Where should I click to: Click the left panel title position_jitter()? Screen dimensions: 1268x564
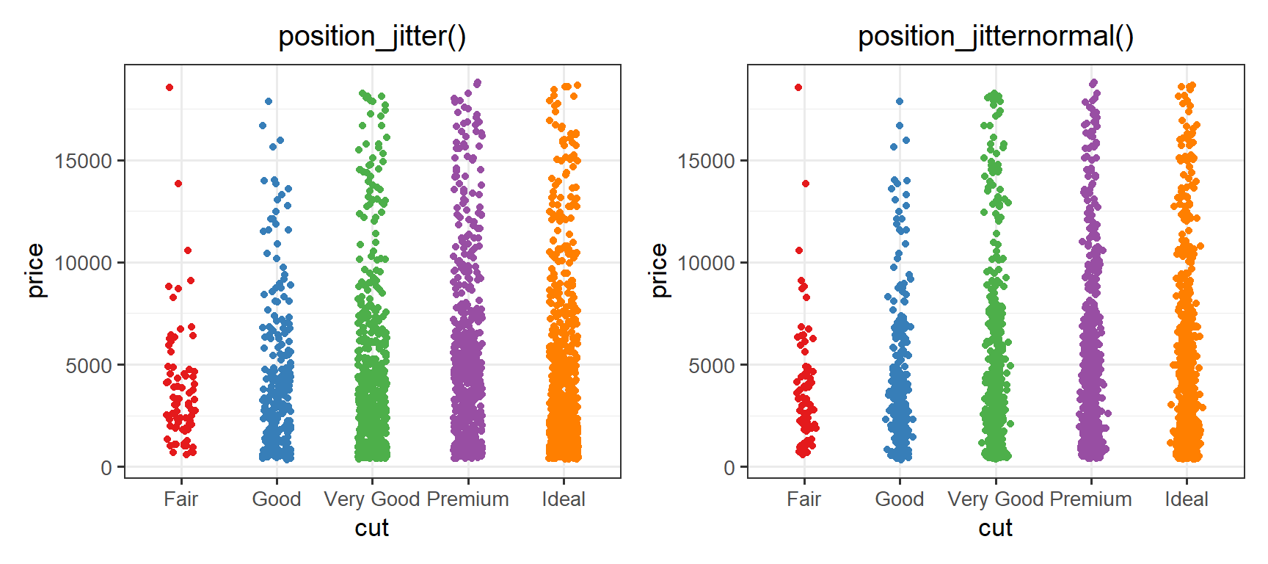coord(372,36)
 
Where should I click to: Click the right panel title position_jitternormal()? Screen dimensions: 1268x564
coord(996,36)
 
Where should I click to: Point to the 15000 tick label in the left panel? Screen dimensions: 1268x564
coord(84,161)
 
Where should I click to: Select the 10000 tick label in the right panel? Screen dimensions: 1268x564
coord(707,263)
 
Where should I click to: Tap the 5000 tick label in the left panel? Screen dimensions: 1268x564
coord(90,365)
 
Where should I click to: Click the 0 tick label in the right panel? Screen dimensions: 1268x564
coord(729,468)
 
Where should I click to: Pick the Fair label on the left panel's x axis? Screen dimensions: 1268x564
coord(181,499)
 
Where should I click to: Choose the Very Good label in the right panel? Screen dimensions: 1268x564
coord(996,499)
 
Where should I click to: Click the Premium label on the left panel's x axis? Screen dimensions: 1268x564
coord(468,499)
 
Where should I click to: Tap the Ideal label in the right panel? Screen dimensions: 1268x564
coord(1187,499)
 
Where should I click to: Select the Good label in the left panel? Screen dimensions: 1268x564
coord(277,499)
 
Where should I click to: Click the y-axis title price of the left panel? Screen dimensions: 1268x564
coord(35,271)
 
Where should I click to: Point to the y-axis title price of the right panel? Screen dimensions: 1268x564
coord(659,271)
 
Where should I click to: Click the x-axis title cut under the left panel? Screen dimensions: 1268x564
coord(372,528)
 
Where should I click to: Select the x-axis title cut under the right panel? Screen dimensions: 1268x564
coord(996,528)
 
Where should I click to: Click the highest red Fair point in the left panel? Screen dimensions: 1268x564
coord(170,87)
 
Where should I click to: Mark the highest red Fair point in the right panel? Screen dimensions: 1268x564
coord(798,87)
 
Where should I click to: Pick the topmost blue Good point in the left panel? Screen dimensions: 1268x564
coord(269,101)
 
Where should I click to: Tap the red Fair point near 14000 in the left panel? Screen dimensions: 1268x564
coord(178,184)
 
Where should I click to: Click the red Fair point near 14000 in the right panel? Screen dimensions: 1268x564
coord(805,184)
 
